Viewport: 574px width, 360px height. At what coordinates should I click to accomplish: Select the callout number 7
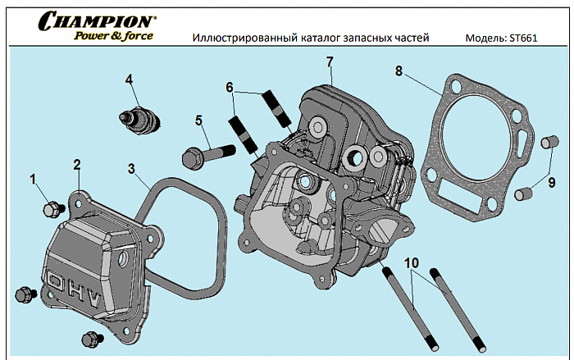[x=330, y=62]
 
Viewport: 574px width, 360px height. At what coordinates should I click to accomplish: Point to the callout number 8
[x=399, y=71]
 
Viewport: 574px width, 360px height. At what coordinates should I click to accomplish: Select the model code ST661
[x=522, y=38]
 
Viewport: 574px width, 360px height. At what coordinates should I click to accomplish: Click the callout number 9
[x=552, y=182]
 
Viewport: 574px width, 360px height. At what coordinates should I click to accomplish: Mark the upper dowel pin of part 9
[x=549, y=145]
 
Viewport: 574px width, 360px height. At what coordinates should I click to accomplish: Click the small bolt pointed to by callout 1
[x=52, y=209]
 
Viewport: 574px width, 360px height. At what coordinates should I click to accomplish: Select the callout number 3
[x=131, y=168]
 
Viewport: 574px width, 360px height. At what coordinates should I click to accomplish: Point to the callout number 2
[x=76, y=164]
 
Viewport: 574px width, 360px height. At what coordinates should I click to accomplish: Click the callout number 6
[x=230, y=86]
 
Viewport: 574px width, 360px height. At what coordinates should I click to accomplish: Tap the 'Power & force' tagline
[x=113, y=35]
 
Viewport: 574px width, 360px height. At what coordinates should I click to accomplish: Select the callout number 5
[x=198, y=121]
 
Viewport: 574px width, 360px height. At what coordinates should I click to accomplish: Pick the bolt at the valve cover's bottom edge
[x=89, y=338]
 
